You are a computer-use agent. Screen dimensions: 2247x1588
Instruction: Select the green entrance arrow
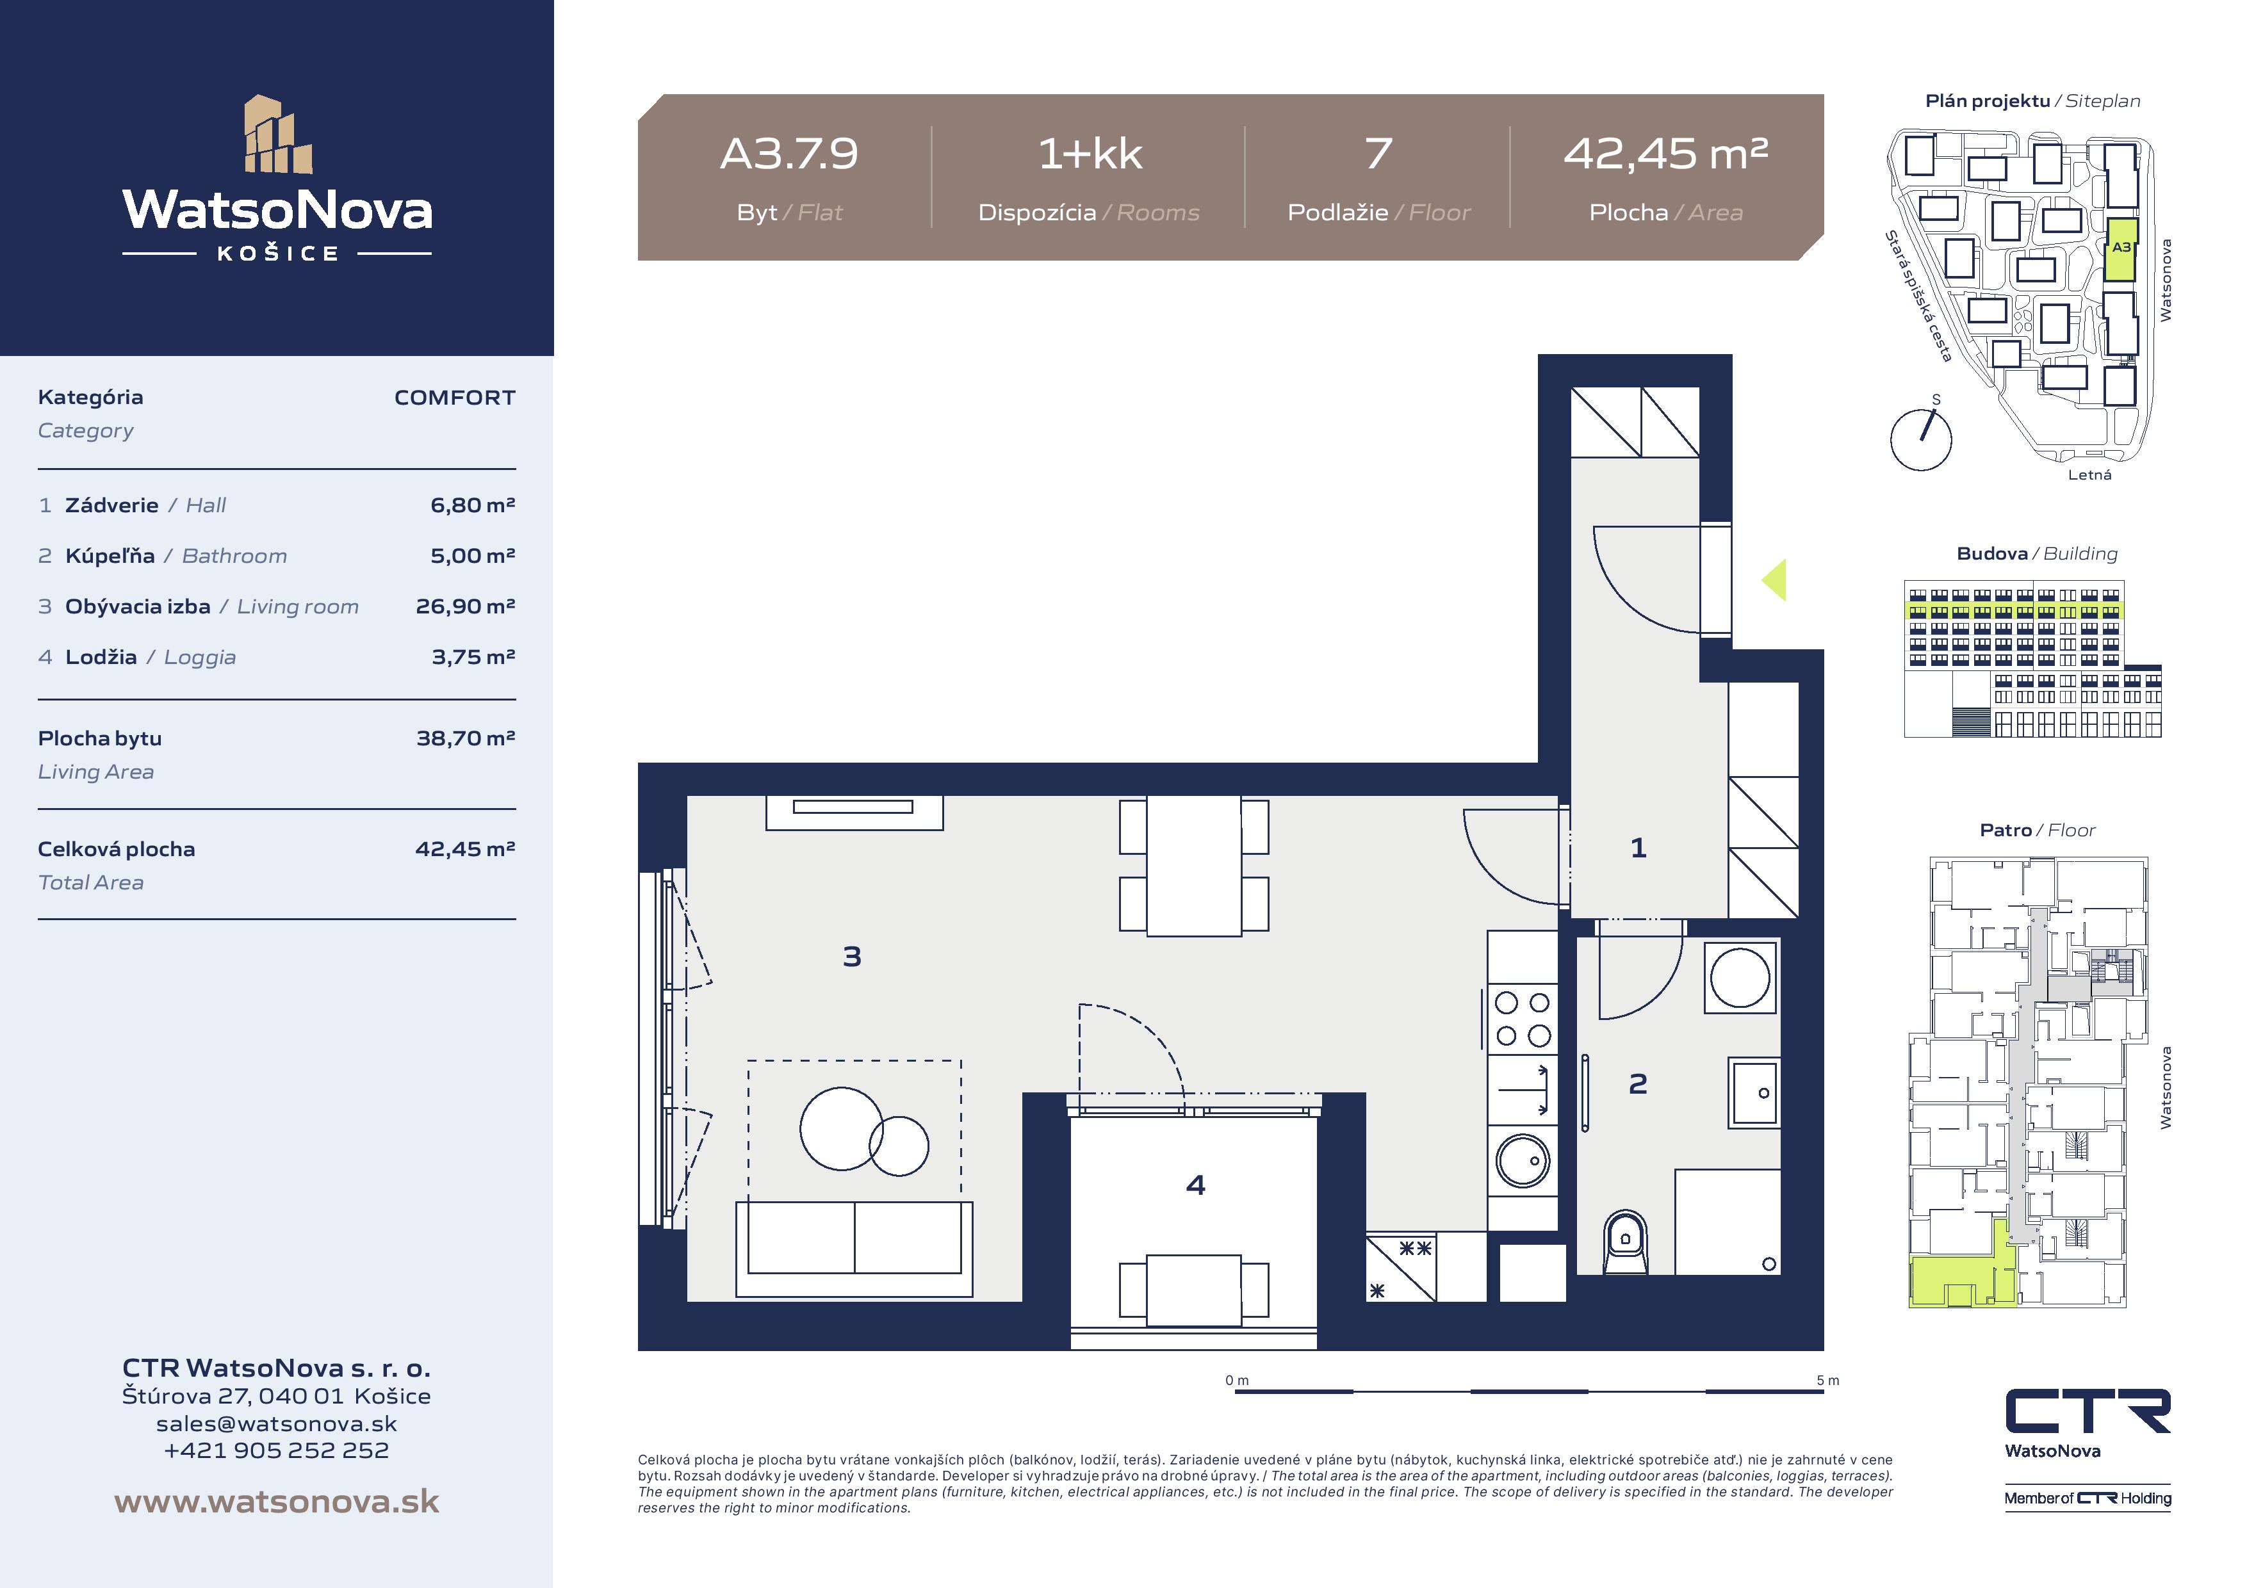click(1774, 580)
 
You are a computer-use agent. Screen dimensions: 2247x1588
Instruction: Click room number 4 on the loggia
click(1195, 1185)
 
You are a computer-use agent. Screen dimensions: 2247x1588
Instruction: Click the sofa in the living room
click(854, 1249)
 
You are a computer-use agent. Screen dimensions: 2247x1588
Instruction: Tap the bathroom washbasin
click(1754, 1093)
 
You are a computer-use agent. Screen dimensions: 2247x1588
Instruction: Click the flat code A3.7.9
click(788, 154)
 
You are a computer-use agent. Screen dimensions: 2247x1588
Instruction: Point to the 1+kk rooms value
click(1090, 154)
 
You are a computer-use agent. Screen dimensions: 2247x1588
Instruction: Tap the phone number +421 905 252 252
click(277, 1450)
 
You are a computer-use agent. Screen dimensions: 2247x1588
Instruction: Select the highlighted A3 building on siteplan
click(2121, 250)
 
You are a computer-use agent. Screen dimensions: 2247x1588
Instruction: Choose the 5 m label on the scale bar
click(1827, 1381)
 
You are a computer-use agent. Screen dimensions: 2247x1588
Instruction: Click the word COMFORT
click(455, 397)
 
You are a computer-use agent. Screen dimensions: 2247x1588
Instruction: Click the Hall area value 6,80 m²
click(473, 505)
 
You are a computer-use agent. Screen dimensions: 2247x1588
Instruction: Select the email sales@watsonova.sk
click(277, 1423)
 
